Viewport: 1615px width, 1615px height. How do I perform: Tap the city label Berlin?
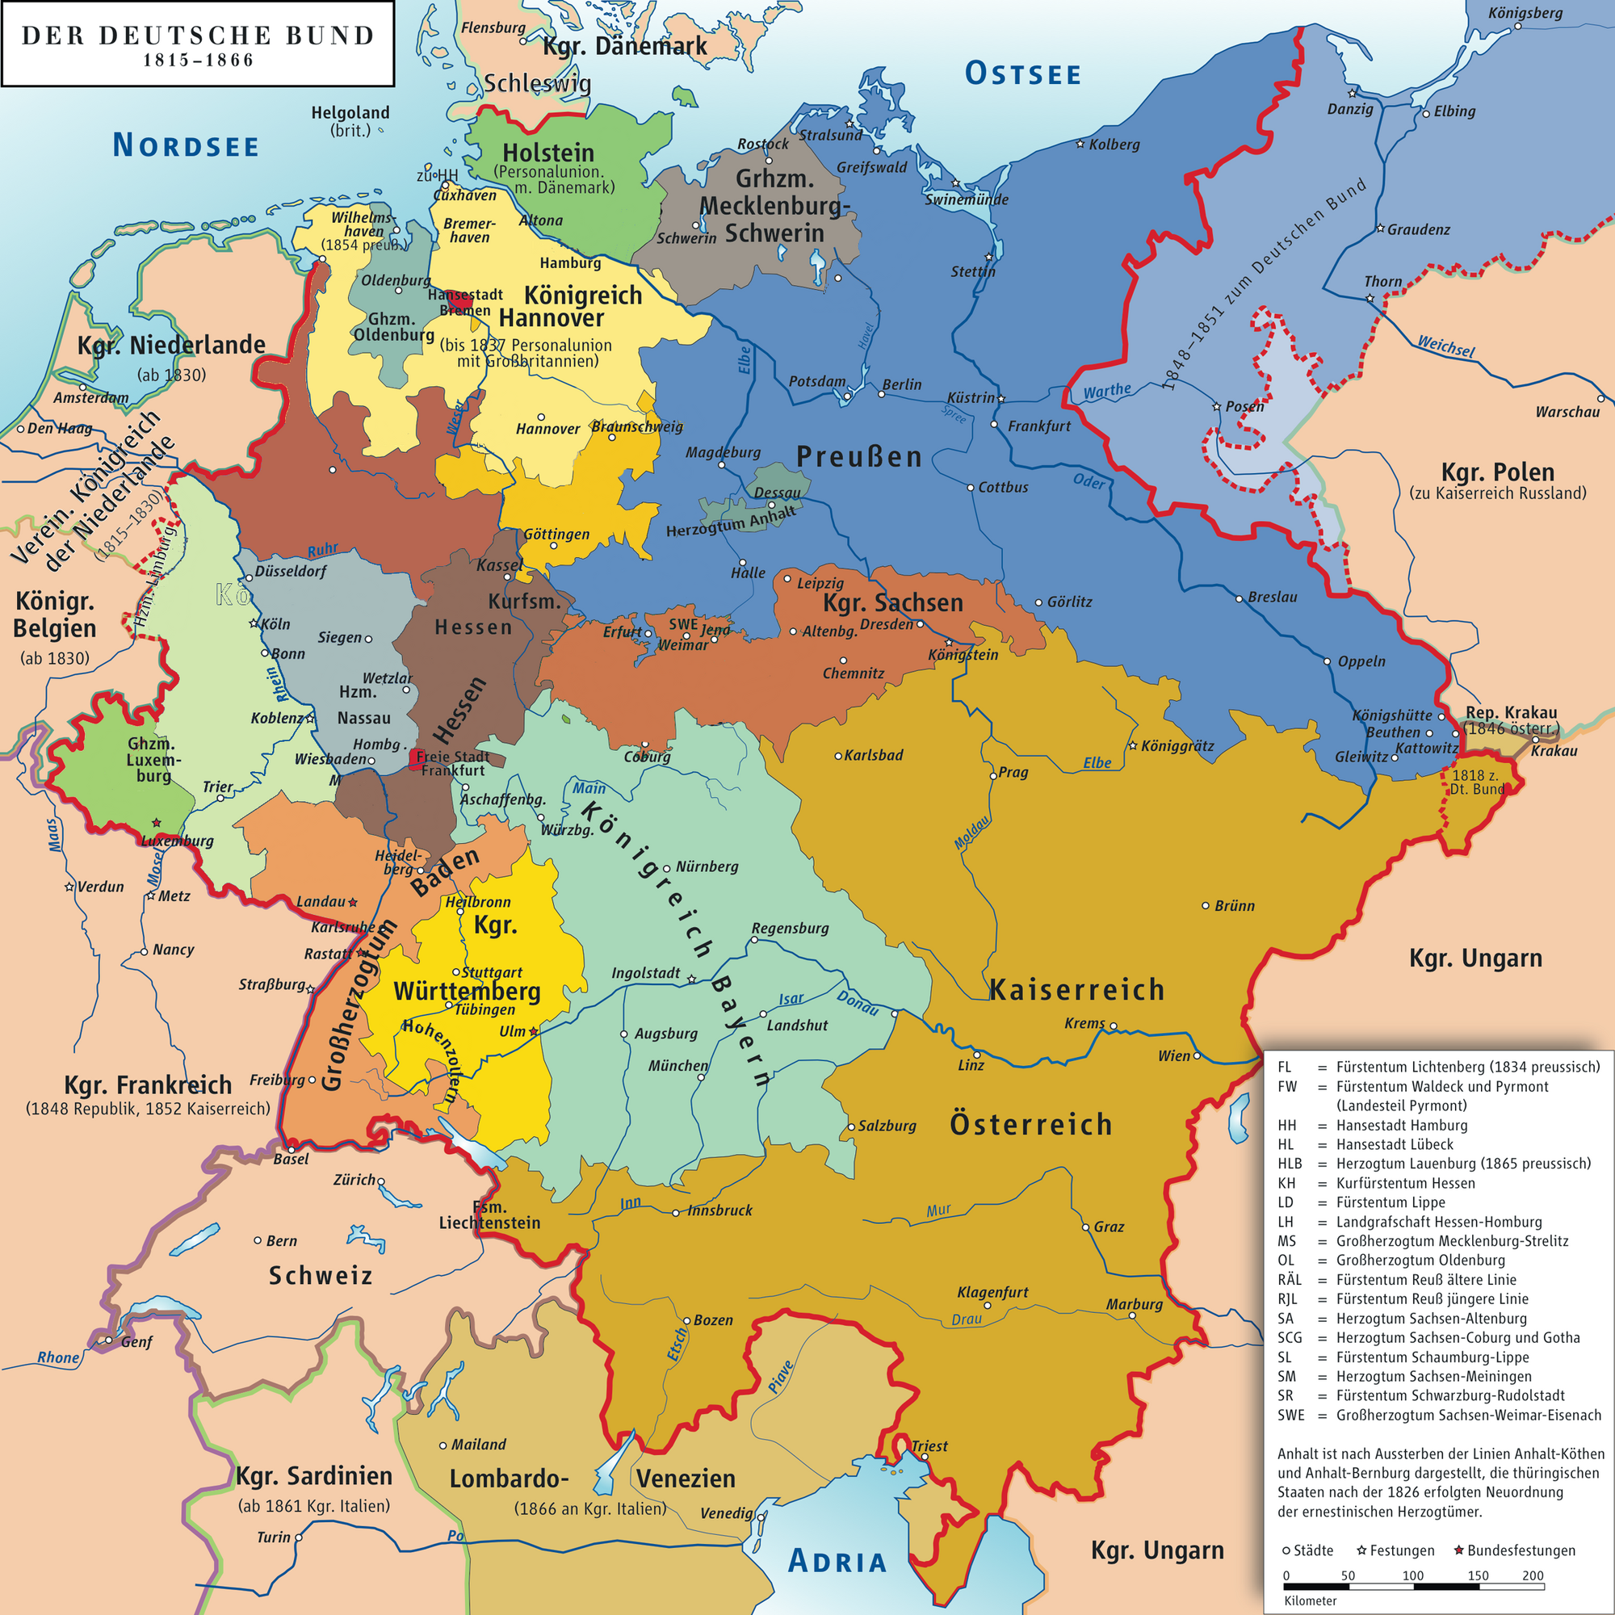pos(902,384)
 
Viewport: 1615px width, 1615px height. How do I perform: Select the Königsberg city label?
pos(1525,13)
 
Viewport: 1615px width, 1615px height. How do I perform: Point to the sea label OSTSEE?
pos(1023,74)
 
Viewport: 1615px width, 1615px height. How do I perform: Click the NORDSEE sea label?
pos(186,146)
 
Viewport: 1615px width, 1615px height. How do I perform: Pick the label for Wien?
pos(1173,1056)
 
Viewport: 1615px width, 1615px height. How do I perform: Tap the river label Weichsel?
pos(1445,346)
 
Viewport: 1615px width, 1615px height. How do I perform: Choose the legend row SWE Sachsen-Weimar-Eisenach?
pos(1438,1416)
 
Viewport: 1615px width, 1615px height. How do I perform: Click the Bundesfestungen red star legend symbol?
pos(1459,1550)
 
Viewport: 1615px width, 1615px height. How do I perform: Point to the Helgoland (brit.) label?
pos(350,120)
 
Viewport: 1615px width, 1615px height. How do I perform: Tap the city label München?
pos(678,1066)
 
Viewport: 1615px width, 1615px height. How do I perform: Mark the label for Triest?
pos(929,1446)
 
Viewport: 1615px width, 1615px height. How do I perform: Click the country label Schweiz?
pos(320,1276)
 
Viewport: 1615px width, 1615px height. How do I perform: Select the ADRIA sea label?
pos(837,1561)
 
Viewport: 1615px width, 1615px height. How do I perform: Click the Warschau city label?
pos(1567,412)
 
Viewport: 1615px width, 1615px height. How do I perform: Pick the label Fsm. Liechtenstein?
pos(490,1214)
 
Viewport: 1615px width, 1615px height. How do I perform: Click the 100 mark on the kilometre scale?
pos(1412,1575)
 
